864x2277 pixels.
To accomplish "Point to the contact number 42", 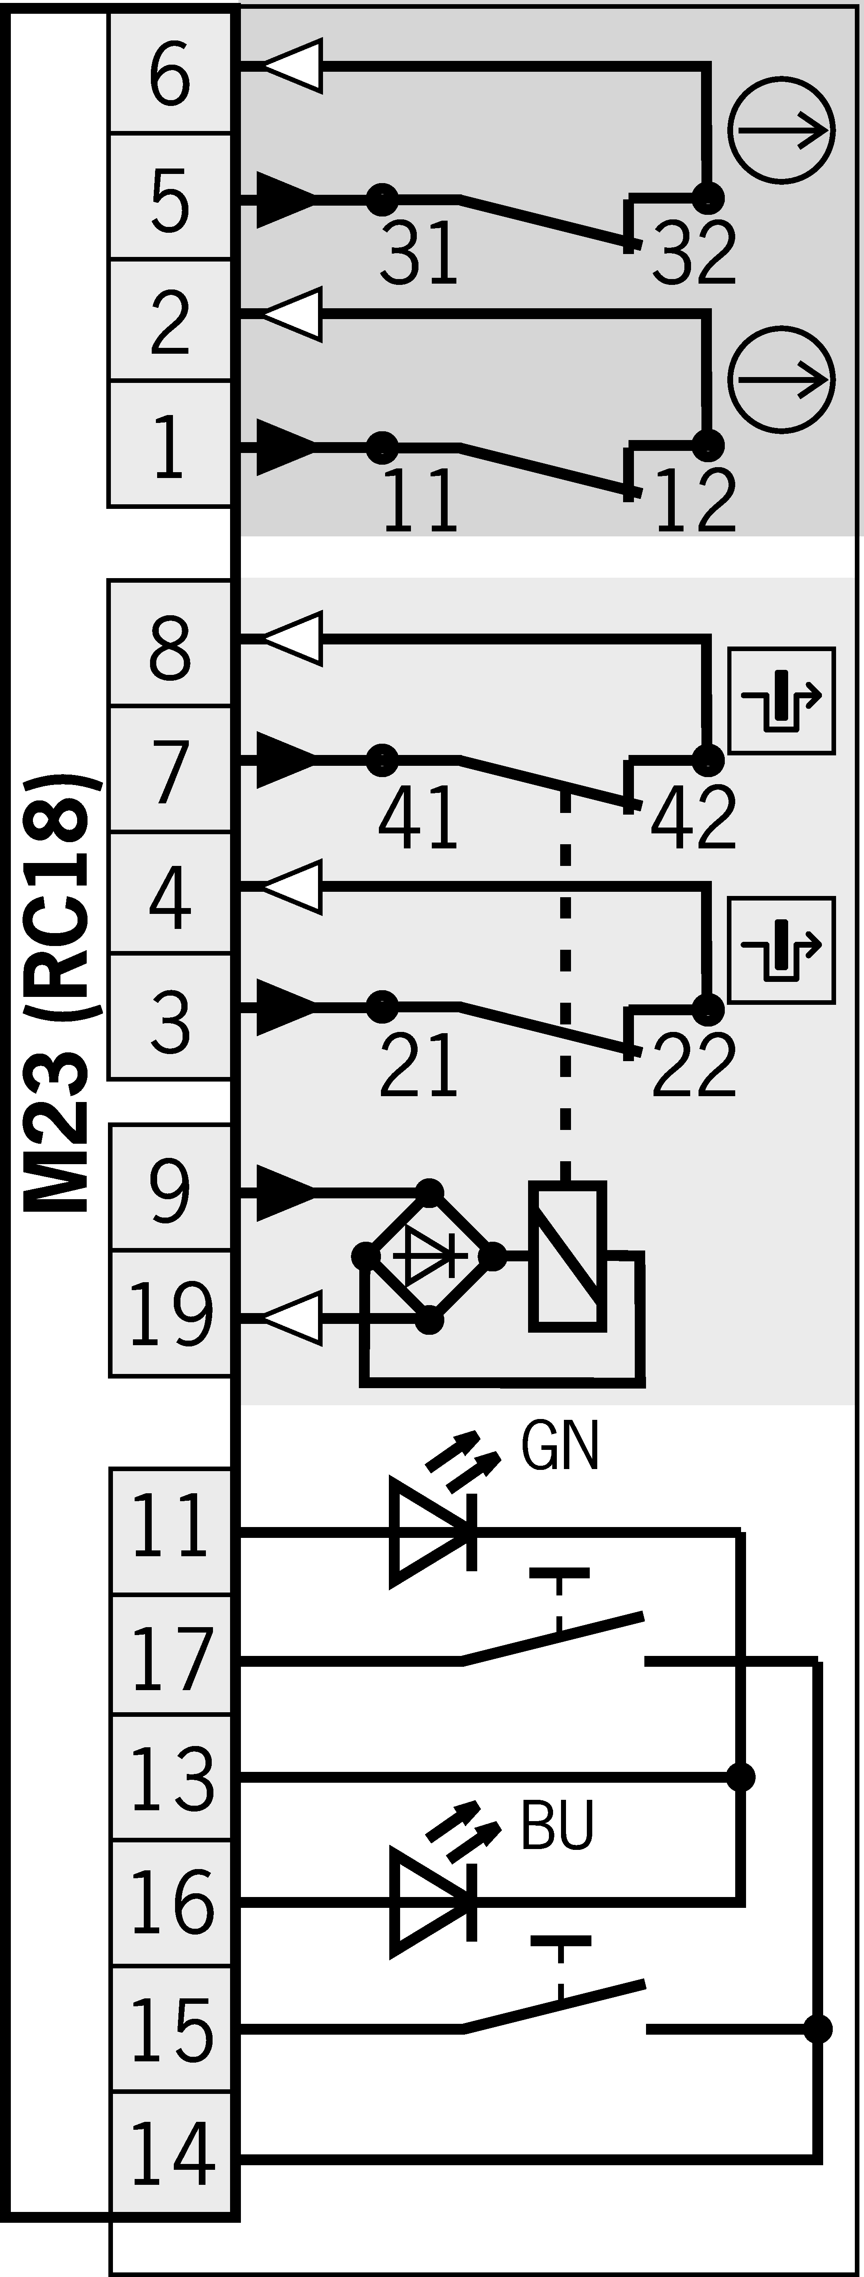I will coord(694,818).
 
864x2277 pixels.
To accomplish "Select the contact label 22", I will coord(694,1065).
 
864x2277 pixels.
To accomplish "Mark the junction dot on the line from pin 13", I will coord(740,1776).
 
